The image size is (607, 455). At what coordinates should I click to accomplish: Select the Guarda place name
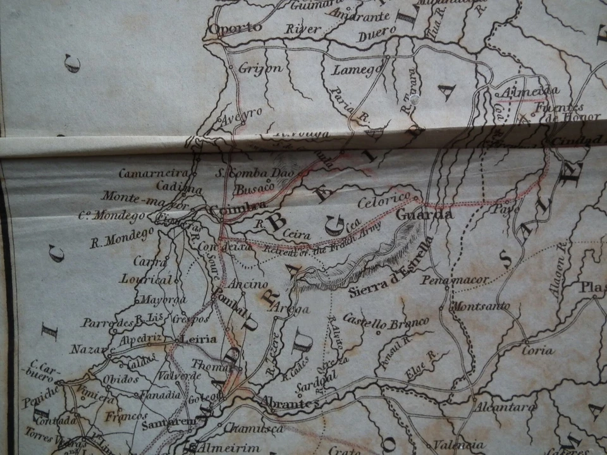tap(424, 215)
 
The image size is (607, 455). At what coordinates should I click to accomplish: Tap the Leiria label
tap(199, 339)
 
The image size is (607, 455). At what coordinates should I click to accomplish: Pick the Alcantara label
tap(505, 407)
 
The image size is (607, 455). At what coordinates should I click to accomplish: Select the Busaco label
tap(254, 187)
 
